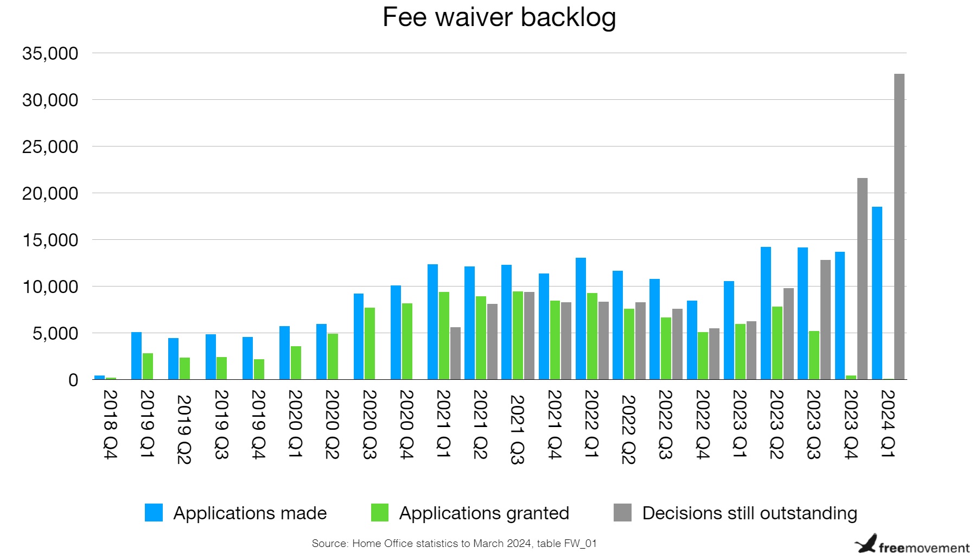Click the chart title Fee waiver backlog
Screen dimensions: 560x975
point(499,17)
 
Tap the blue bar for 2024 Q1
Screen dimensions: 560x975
point(877,293)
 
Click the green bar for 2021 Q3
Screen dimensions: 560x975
point(518,335)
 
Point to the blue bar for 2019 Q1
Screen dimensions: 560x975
point(136,355)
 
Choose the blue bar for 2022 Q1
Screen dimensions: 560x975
point(581,319)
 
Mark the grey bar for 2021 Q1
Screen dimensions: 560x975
point(455,353)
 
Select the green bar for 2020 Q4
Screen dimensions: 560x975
point(407,341)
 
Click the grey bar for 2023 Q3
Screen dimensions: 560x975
point(825,320)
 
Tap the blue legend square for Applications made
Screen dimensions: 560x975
point(154,513)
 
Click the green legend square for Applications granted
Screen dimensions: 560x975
point(380,513)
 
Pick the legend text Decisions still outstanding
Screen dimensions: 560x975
point(749,513)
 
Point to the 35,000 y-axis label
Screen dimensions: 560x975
point(50,54)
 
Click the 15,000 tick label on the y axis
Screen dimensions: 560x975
point(50,240)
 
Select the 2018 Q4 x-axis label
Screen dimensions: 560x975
point(110,424)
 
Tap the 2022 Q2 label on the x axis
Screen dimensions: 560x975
point(628,429)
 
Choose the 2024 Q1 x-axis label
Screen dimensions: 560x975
point(888,424)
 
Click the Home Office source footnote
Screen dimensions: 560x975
point(454,543)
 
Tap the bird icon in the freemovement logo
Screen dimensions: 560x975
point(866,544)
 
